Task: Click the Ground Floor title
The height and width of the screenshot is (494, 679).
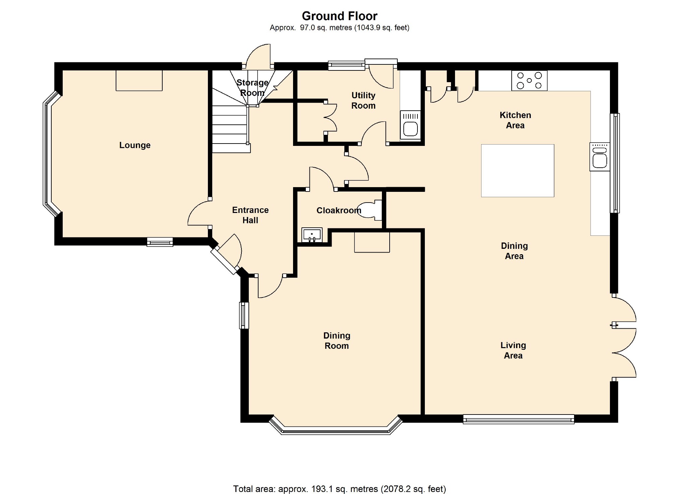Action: point(339,16)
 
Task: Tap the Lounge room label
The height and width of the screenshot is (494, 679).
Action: point(135,145)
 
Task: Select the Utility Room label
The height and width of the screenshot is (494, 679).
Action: point(363,100)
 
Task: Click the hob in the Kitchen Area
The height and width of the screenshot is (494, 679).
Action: point(529,80)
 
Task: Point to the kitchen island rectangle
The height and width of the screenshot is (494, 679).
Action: point(517,170)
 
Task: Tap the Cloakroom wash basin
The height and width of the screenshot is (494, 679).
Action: point(312,235)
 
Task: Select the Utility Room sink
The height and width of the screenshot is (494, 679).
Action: point(410,125)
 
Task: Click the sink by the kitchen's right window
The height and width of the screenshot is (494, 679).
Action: point(600,157)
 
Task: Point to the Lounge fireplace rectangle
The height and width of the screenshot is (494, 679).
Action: point(139,80)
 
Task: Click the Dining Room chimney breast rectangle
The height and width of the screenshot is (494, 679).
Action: point(372,242)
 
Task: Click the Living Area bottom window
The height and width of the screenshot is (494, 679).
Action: point(518,419)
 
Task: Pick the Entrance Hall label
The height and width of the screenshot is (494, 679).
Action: point(250,215)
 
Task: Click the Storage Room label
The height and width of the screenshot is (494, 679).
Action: point(252,88)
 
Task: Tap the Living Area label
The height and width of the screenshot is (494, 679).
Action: point(513,350)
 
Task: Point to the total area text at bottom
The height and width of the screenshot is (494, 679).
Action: point(339,489)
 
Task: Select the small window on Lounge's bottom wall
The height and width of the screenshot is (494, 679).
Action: point(160,242)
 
